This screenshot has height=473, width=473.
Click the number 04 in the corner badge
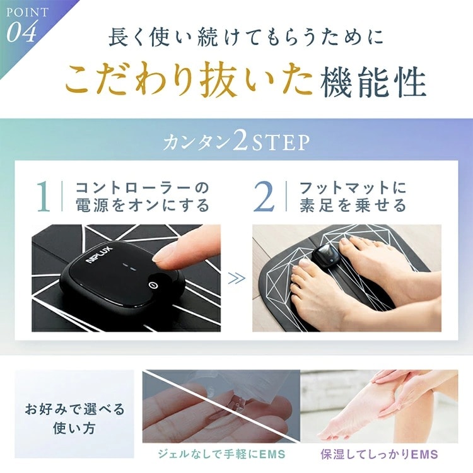[x=21, y=32]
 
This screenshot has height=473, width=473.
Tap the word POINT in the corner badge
[x=28, y=13]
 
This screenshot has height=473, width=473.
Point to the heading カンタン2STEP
[x=237, y=142]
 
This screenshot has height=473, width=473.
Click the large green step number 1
[x=44, y=196]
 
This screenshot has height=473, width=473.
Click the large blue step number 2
[x=264, y=196]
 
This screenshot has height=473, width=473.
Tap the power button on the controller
[x=153, y=284]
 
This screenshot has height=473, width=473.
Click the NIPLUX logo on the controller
[x=100, y=256]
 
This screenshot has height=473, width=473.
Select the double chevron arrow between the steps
[x=237, y=278]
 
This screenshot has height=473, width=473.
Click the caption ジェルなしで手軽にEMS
[x=222, y=453]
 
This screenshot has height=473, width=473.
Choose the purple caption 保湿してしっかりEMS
[x=379, y=453]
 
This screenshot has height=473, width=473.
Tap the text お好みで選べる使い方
[x=74, y=418]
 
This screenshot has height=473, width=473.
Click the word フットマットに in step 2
[x=353, y=188]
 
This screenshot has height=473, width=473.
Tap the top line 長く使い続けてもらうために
[x=246, y=38]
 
